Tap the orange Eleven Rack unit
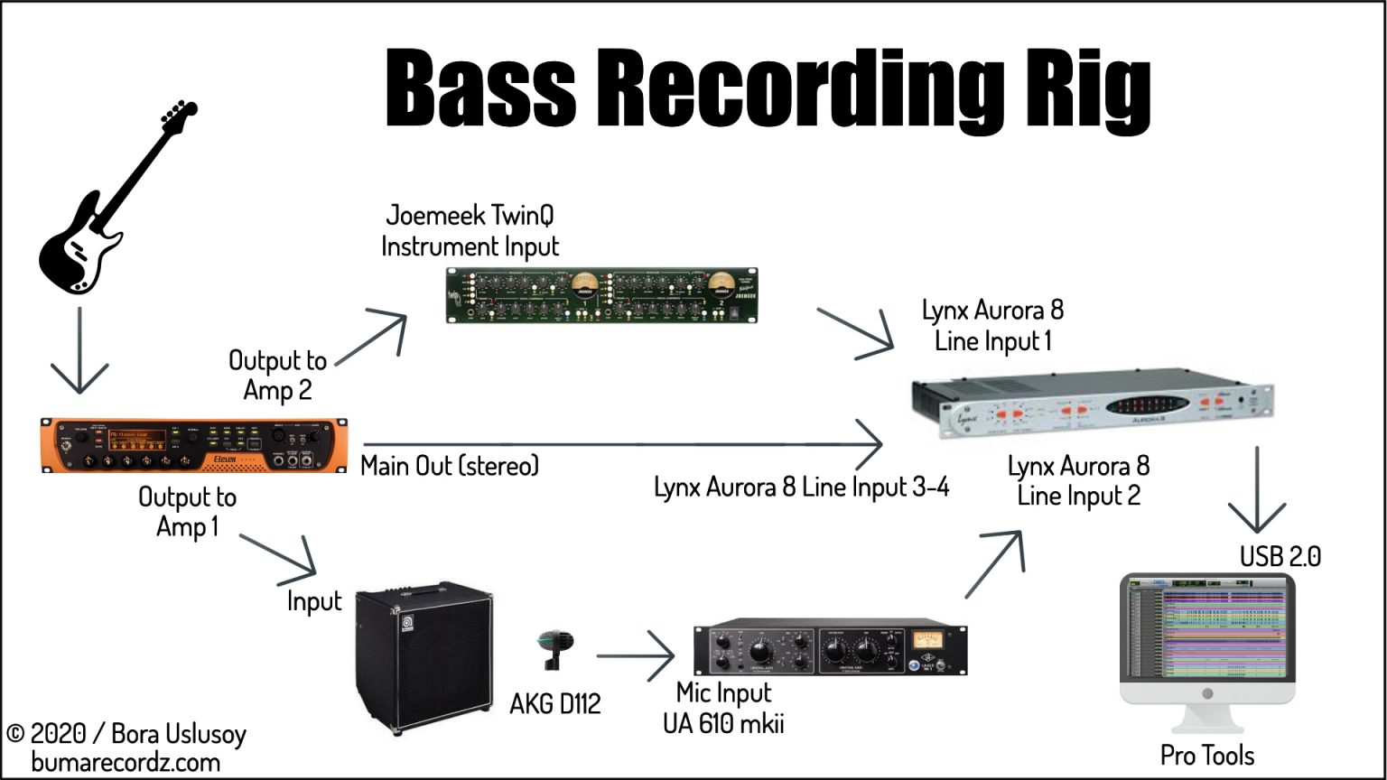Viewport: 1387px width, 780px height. pyautogui.click(x=194, y=445)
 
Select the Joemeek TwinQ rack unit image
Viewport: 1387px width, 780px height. pyautogui.click(x=602, y=295)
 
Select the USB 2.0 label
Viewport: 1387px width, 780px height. pyautogui.click(x=1280, y=556)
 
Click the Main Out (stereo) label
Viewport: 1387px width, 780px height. pyautogui.click(x=450, y=466)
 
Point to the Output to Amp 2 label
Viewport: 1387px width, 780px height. pyautogui.click(x=277, y=376)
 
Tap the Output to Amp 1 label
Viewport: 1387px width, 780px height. pyautogui.click(x=187, y=512)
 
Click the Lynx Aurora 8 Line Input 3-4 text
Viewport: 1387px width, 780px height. pyautogui.click(x=801, y=487)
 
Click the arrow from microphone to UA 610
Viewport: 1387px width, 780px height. pyautogui.click(x=637, y=655)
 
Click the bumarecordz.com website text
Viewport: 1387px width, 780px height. pyautogui.click(x=126, y=762)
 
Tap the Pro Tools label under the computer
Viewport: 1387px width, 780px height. pyautogui.click(x=1207, y=755)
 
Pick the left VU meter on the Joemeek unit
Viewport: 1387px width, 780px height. pyautogui.click(x=584, y=286)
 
